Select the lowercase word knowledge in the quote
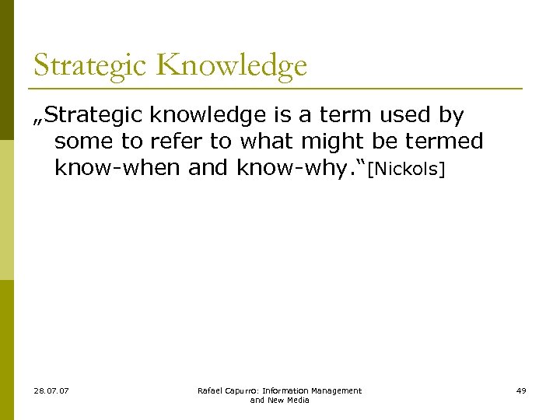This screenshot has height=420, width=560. pos(208,116)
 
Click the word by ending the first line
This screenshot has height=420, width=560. pos(452,116)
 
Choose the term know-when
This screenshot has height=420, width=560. pos(118,167)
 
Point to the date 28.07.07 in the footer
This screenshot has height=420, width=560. pos(51,390)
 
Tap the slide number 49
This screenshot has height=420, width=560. pos(521,390)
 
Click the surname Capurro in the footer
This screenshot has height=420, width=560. pos(242,390)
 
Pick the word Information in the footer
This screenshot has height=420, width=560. pos(287,390)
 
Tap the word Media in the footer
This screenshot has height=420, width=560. pos(298,400)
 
